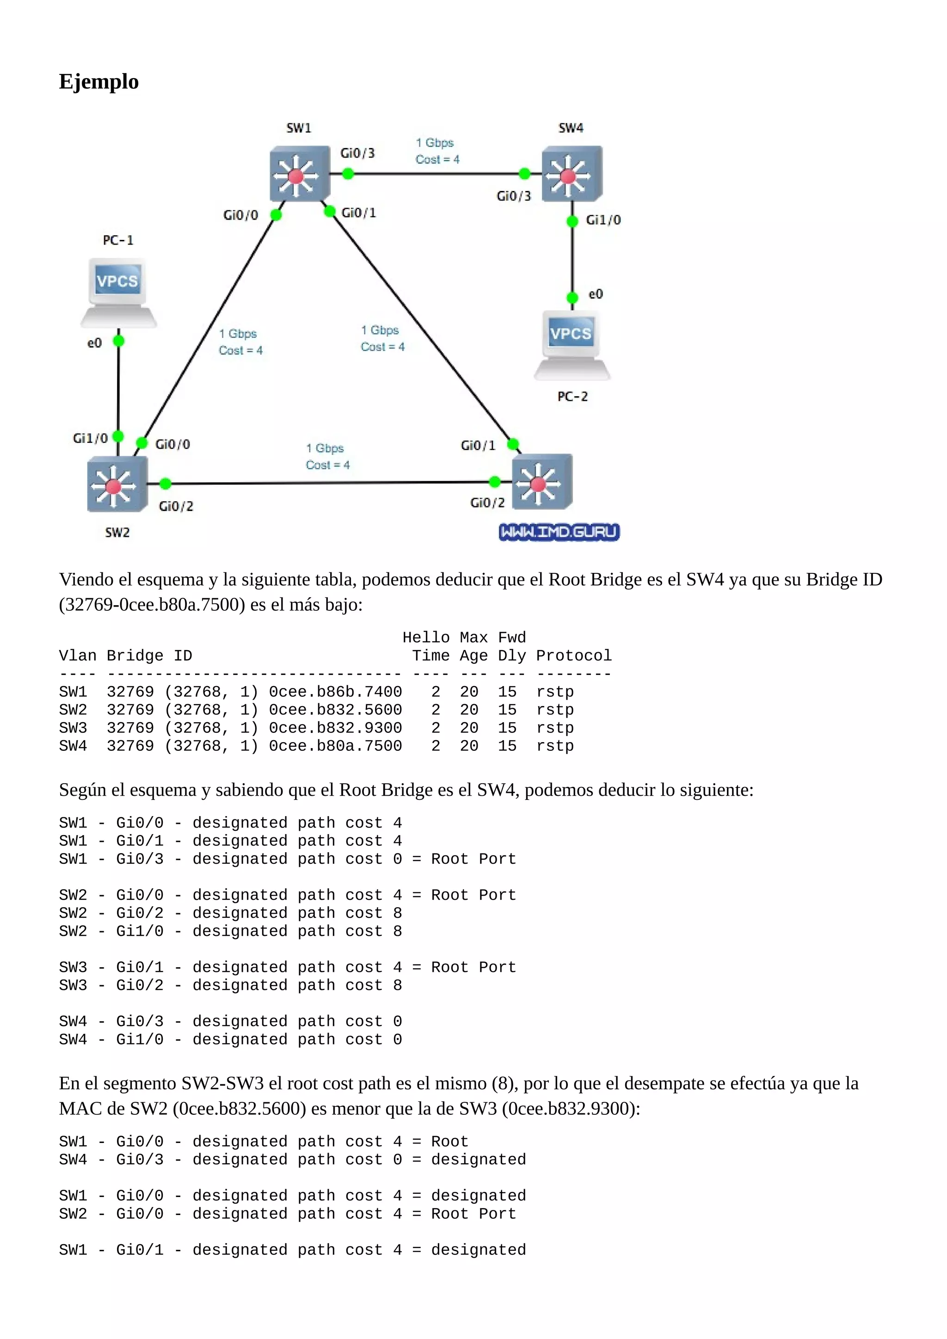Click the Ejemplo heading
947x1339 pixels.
tap(98, 82)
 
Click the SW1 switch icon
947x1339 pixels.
tap(299, 174)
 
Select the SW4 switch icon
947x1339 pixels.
tap(571, 174)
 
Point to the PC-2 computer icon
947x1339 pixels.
tap(572, 344)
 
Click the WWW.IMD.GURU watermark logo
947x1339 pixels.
tap(559, 532)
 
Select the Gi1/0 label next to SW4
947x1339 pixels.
tap(603, 220)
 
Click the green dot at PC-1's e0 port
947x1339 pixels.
tap(118, 341)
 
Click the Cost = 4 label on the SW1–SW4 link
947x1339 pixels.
tap(437, 159)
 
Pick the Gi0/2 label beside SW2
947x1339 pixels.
tap(176, 506)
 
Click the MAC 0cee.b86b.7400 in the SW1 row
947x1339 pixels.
tap(335, 692)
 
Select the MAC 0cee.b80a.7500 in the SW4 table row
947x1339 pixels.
tap(335, 746)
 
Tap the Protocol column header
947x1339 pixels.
tap(573, 656)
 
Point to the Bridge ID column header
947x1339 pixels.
tap(149, 656)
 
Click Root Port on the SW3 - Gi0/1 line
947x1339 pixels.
tap(473, 968)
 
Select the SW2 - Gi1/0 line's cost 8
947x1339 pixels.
tap(397, 931)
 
